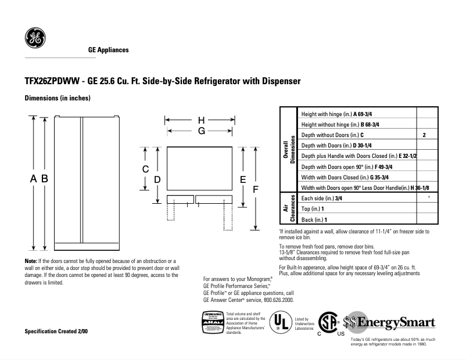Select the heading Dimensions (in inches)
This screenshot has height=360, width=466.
pos(57,98)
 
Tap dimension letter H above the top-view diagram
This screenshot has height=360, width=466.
pos(201,121)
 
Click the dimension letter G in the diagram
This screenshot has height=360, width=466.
pos(201,131)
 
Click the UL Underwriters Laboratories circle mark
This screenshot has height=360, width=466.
pos(281,322)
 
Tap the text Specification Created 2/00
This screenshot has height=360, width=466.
pos(56,331)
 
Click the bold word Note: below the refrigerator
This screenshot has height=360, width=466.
pos(31,261)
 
